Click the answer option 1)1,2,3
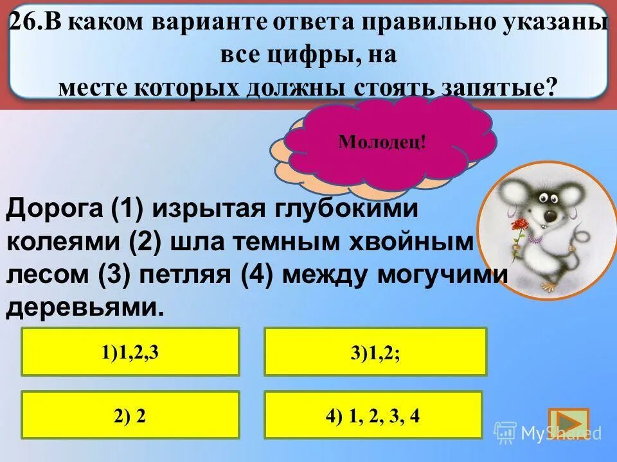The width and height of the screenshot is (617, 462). point(130,352)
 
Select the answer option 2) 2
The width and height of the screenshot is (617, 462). point(130,415)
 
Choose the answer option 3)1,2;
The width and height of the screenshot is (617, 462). point(375,352)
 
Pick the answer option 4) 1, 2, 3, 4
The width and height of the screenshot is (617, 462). point(373,415)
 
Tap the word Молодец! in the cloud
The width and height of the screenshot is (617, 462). point(382,141)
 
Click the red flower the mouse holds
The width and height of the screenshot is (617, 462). point(519,225)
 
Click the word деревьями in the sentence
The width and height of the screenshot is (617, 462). point(81,307)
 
